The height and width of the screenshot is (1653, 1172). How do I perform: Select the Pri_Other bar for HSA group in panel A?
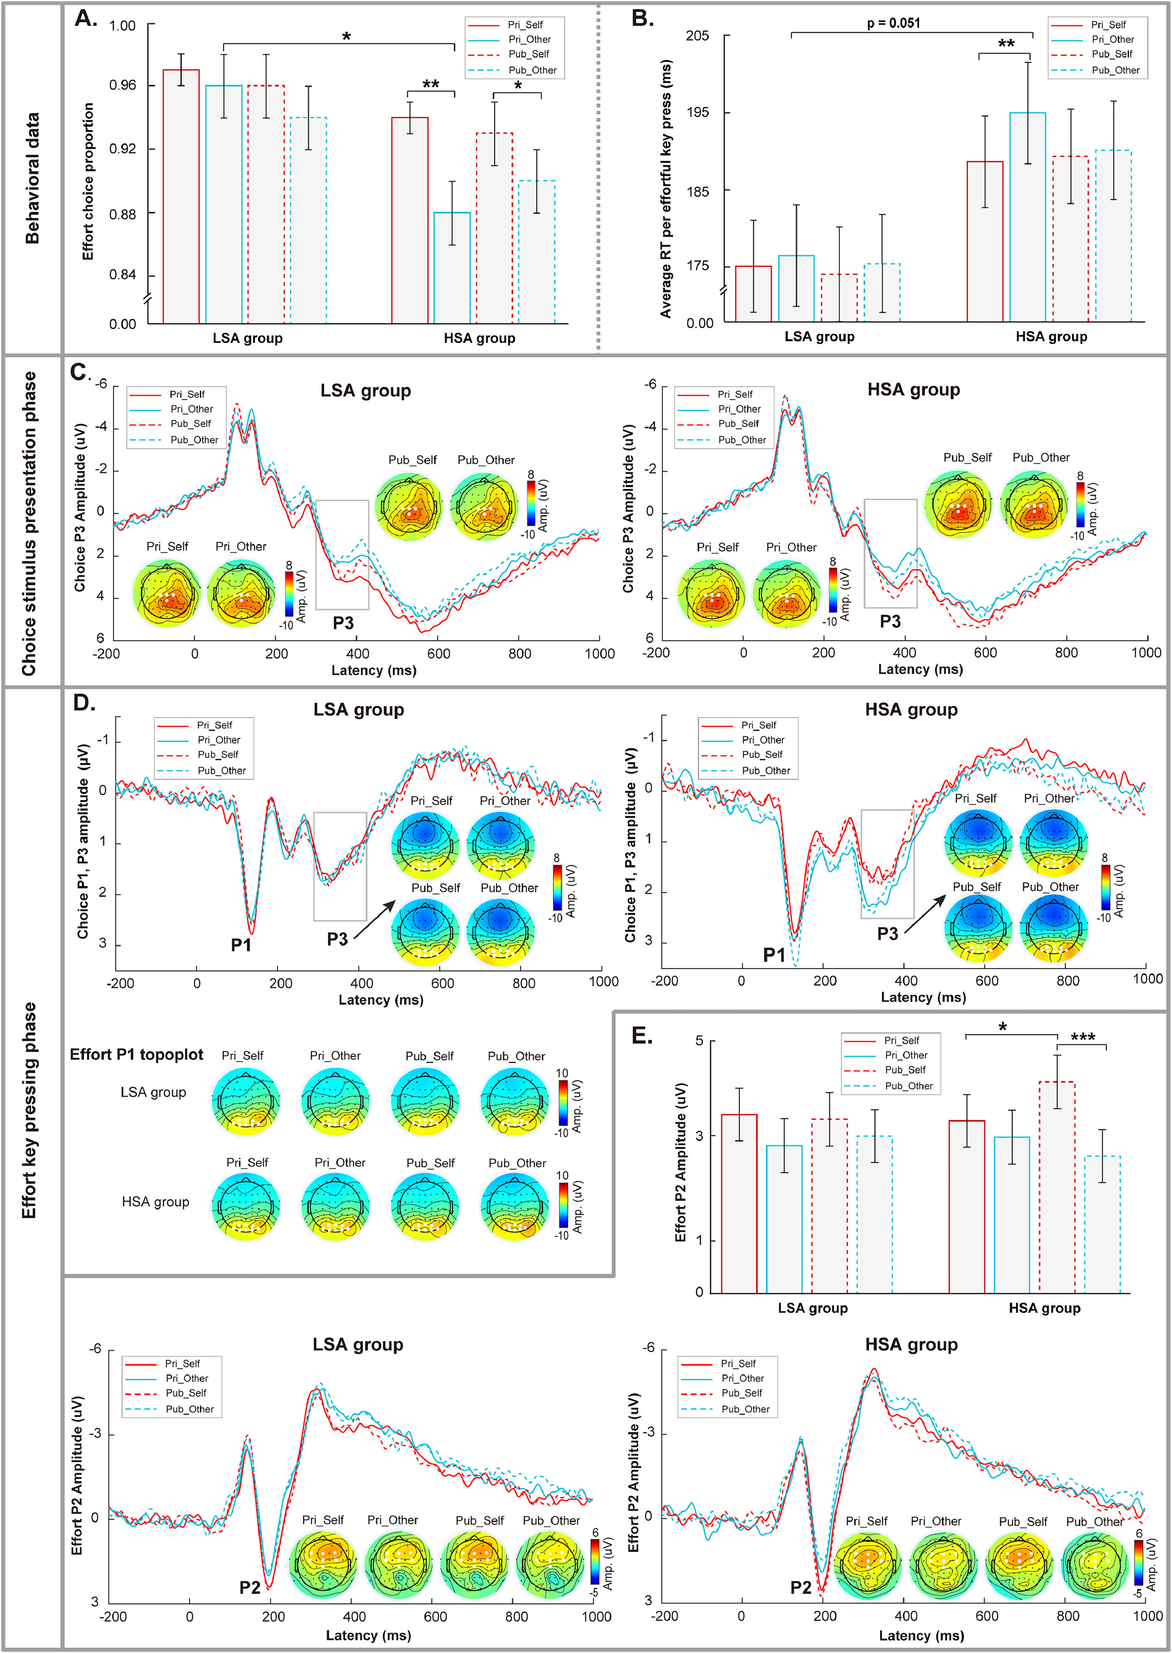pos(452,267)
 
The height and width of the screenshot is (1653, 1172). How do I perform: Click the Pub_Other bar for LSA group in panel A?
pos(308,220)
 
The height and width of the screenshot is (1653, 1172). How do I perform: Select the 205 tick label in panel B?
pos(697,36)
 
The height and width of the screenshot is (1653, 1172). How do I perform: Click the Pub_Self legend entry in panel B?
pos(1111,54)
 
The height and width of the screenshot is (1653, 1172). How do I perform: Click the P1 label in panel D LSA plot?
pos(241,944)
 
